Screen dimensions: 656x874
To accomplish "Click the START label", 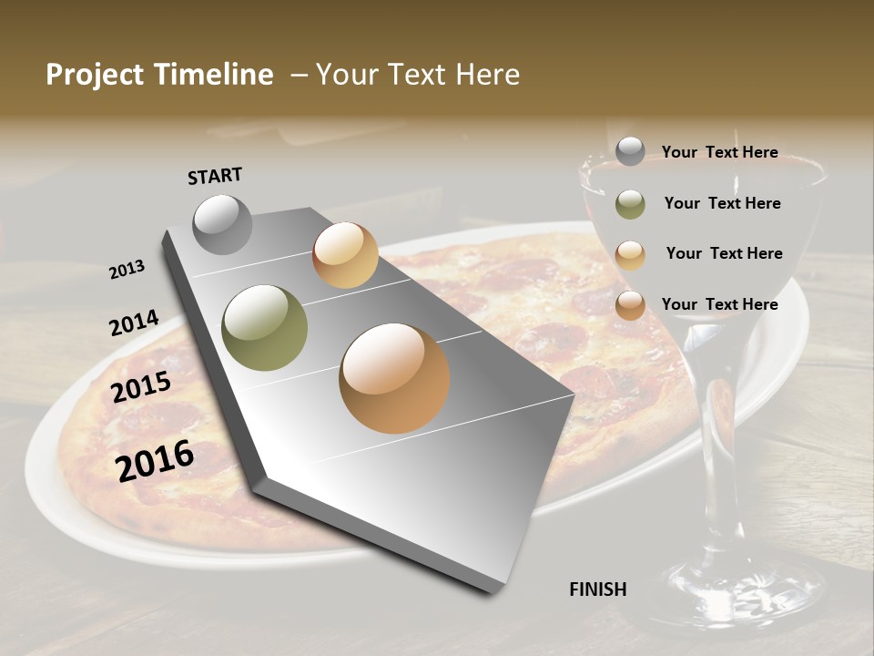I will pyautogui.click(x=215, y=176).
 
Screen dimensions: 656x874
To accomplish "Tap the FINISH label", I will pyautogui.click(x=597, y=589).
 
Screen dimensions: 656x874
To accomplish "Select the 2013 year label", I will pyautogui.click(x=127, y=269).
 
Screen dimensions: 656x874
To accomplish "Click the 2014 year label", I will pyautogui.click(x=134, y=323).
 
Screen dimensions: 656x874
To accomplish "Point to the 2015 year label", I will pyautogui.click(x=141, y=387).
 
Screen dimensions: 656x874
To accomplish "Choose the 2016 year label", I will pyautogui.click(x=155, y=460).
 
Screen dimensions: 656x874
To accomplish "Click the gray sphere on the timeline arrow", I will pyautogui.click(x=222, y=224).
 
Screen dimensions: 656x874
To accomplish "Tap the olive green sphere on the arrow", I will pyautogui.click(x=264, y=327).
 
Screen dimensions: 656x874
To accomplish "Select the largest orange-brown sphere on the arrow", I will pyautogui.click(x=394, y=378).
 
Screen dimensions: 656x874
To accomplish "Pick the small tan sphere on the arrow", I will pyautogui.click(x=345, y=255).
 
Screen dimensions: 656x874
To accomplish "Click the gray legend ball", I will pyautogui.click(x=630, y=152).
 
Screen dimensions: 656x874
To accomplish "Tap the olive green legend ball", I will pyautogui.click(x=630, y=204).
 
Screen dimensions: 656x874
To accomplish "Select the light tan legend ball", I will pyautogui.click(x=630, y=254).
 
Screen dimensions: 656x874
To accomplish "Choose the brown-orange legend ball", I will pyautogui.click(x=630, y=305).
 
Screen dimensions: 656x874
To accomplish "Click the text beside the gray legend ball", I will pyautogui.click(x=719, y=152).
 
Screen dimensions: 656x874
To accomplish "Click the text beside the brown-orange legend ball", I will pyautogui.click(x=719, y=304).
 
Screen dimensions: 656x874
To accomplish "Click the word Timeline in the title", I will pyautogui.click(x=213, y=75).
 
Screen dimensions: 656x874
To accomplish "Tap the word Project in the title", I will pyautogui.click(x=95, y=75).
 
